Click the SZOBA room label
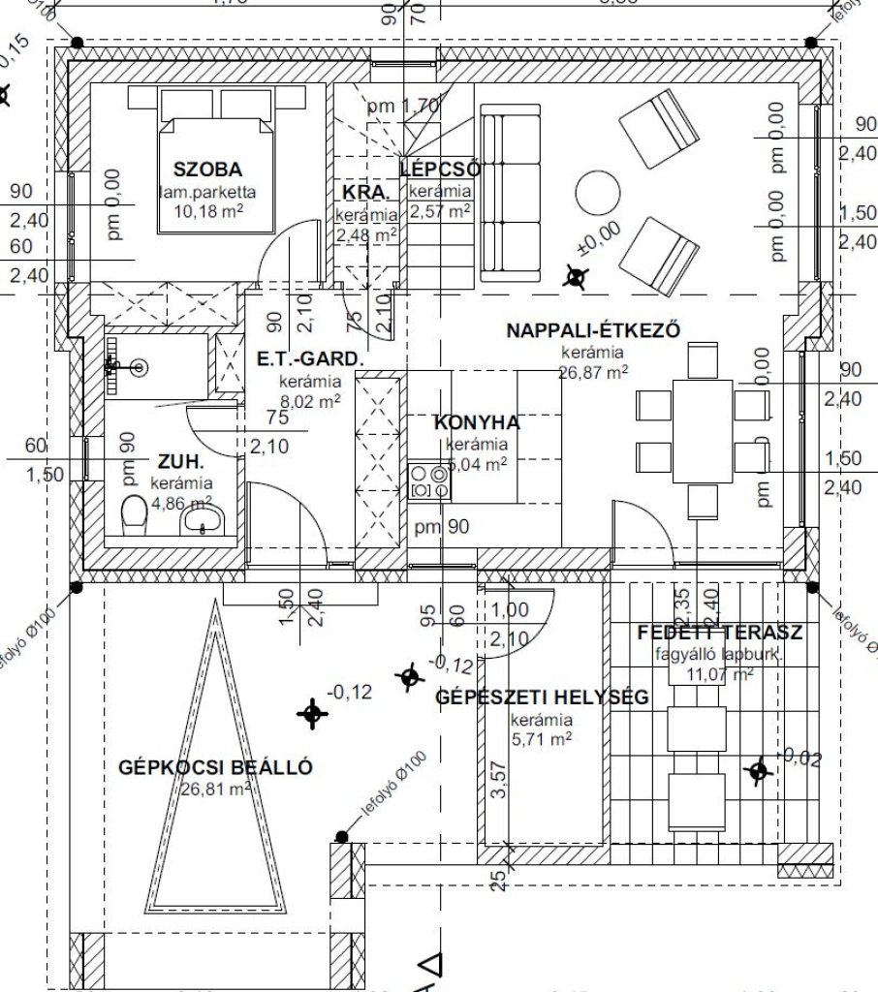click(x=207, y=168)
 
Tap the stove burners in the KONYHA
click(x=429, y=481)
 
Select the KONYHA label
click(x=476, y=423)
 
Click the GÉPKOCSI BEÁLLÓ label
click(x=215, y=768)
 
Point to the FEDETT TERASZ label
click(x=719, y=634)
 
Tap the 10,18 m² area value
click(x=208, y=211)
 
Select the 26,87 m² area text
click(x=594, y=371)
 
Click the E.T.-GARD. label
click(x=310, y=360)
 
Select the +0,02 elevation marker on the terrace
click(x=759, y=770)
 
